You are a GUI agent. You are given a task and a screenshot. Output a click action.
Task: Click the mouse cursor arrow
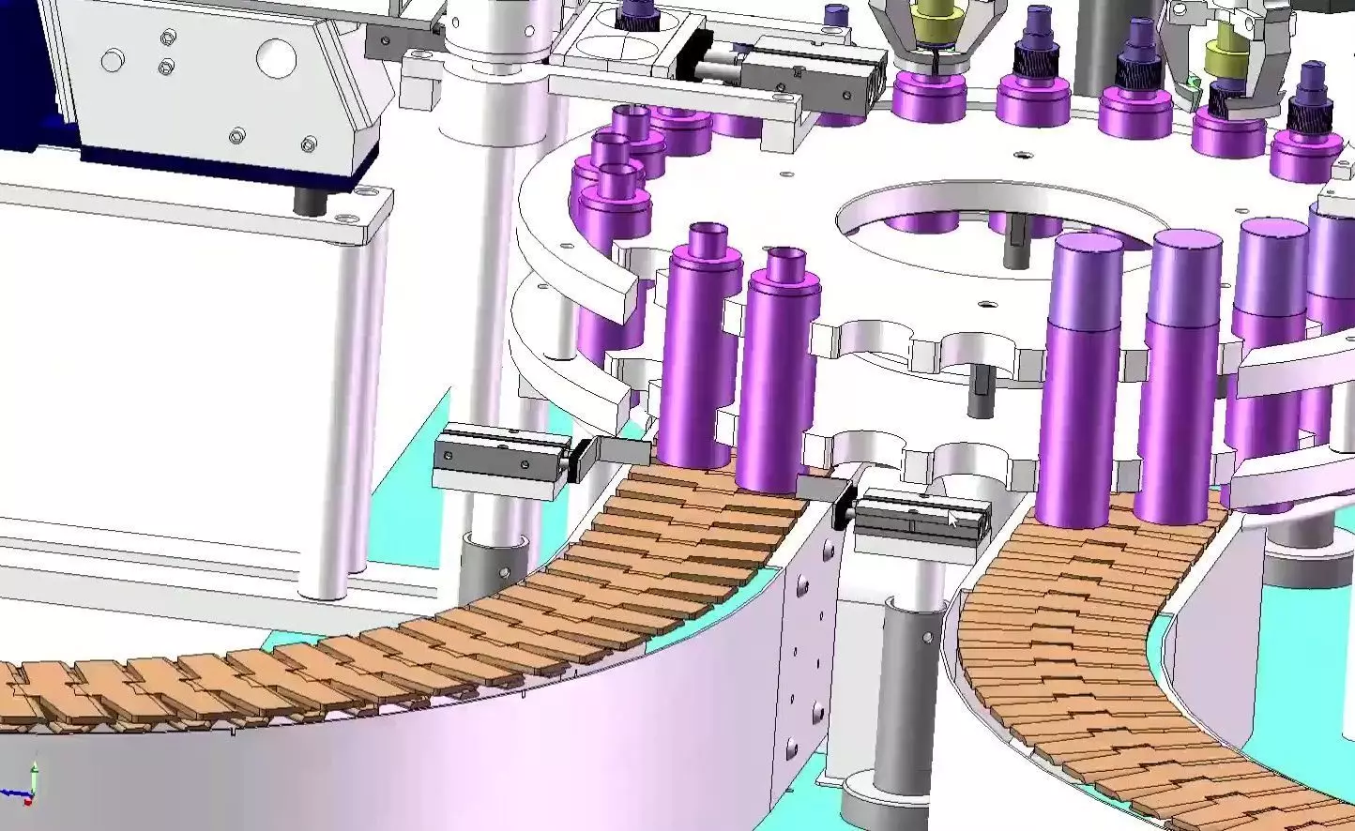pos(952,520)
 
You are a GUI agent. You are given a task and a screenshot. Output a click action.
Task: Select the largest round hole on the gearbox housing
pos(276,58)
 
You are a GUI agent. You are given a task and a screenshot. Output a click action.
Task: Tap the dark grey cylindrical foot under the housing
pos(306,200)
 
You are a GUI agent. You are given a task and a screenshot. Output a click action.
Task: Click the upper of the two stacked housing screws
pos(168,38)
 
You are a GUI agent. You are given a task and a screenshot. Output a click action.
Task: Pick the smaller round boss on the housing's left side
pos(113,62)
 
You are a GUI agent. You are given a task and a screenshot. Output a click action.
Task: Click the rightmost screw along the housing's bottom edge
pos(309,144)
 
